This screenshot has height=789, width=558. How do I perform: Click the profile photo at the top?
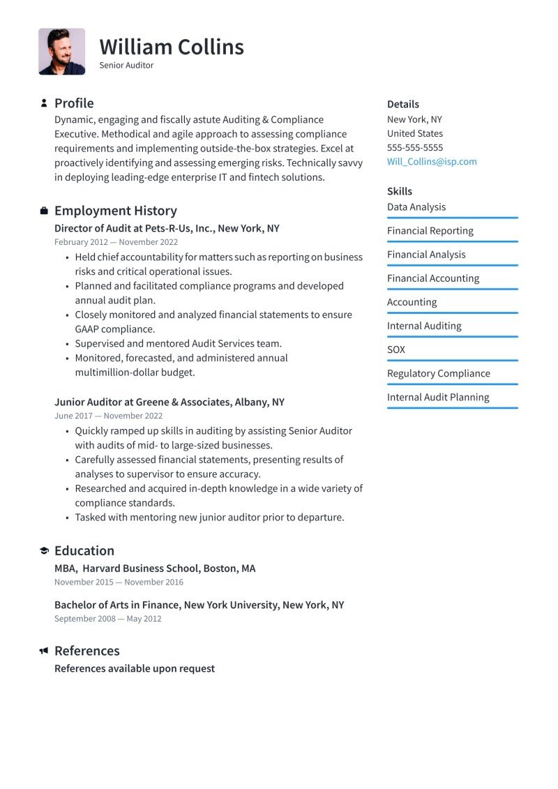pyautogui.click(x=61, y=52)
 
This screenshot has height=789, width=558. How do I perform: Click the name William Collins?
pyautogui.click(x=172, y=47)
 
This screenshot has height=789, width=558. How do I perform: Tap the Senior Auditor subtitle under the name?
pyautogui.click(x=126, y=66)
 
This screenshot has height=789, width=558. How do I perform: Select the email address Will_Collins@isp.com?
pyautogui.click(x=432, y=161)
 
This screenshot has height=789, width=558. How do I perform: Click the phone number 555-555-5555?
pyautogui.click(x=415, y=147)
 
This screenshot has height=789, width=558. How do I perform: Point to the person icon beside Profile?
pyautogui.click(x=44, y=103)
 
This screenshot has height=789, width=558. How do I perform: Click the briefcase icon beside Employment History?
pyautogui.click(x=44, y=211)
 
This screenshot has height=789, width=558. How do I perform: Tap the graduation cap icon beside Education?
pyautogui.click(x=44, y=551)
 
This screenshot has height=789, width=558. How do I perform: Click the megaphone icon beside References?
pyautogui.click(x=44, y=651)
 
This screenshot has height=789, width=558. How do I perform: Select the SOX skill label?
pyautogui.click(x=396, y=350)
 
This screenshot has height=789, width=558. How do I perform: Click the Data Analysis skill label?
pyautogui.click(x=416, y=207)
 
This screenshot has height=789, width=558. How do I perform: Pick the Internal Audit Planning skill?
pyautogui.click(x=438, y=397)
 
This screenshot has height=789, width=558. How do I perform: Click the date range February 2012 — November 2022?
pyautogui.click(x=116, y=242)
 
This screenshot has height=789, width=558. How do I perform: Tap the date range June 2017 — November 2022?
pyautogui.click(x=108, y=416)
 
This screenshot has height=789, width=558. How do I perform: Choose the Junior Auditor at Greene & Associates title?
pyautogui.click(x=169, y=402)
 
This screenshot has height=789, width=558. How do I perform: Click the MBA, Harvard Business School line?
pyautogui.click(x=155, y=569)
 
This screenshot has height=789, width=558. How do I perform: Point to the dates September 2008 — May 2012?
pyautogui.click(x=107, y=619)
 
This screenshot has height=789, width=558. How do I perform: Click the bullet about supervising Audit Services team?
pyautogui.click(x=178, y=343)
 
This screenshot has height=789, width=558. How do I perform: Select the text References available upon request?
pyautogui.click(x=135, y=668)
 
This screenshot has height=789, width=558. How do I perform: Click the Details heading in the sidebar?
pyautogui.click(x=403, y=104)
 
